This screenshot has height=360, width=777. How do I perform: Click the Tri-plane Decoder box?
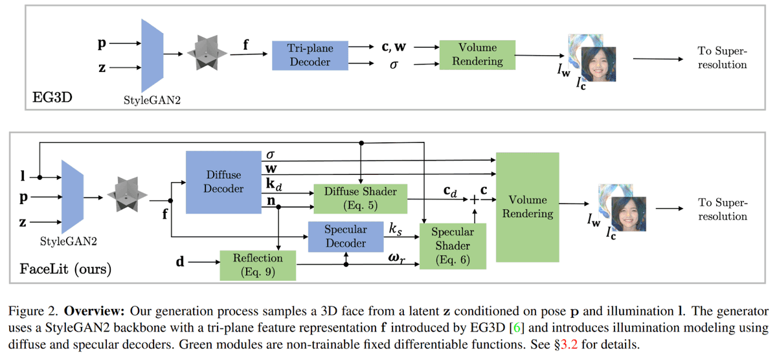(x=310, y=56)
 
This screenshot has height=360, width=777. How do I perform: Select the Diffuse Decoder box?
(x=223, y=182)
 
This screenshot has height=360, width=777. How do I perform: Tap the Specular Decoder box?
(x=346, y=236)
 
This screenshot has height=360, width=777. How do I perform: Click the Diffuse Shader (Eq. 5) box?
(x=361, y=199)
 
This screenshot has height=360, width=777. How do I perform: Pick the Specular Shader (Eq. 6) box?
(x=453, y=246)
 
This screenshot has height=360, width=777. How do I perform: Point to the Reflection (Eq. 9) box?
(x=258, y=265)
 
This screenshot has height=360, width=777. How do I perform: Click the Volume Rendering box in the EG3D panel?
(x=477, y=55)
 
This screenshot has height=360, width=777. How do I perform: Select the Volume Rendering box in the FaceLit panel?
(x=527, y=207)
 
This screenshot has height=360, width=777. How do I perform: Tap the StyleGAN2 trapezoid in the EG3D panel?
(x=152, y=56)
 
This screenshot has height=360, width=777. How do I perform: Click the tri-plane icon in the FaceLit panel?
(x=127, y=194)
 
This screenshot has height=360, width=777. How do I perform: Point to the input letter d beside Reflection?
(x=180, y=261)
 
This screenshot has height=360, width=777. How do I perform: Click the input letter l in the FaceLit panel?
(x=23, y=176)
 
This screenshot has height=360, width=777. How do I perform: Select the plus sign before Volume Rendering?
(x=474, y=200)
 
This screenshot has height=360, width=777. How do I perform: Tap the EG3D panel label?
(x=52, y=98)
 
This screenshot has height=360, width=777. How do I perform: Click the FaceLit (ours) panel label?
(x=65, y=269)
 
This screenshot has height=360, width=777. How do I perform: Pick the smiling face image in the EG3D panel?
(x=598, y=64)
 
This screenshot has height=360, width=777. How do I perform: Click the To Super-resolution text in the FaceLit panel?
(x=723, y=209)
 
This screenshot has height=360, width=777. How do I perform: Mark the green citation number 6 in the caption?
(x=517, y=328)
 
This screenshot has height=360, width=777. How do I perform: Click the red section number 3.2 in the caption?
(x=569, y=344)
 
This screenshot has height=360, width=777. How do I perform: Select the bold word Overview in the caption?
(x=94, y=311)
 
